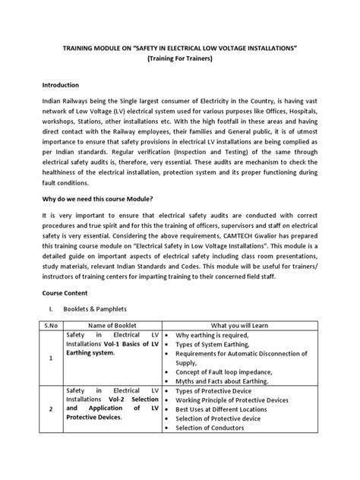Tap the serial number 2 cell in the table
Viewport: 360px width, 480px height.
coord(51,430)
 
